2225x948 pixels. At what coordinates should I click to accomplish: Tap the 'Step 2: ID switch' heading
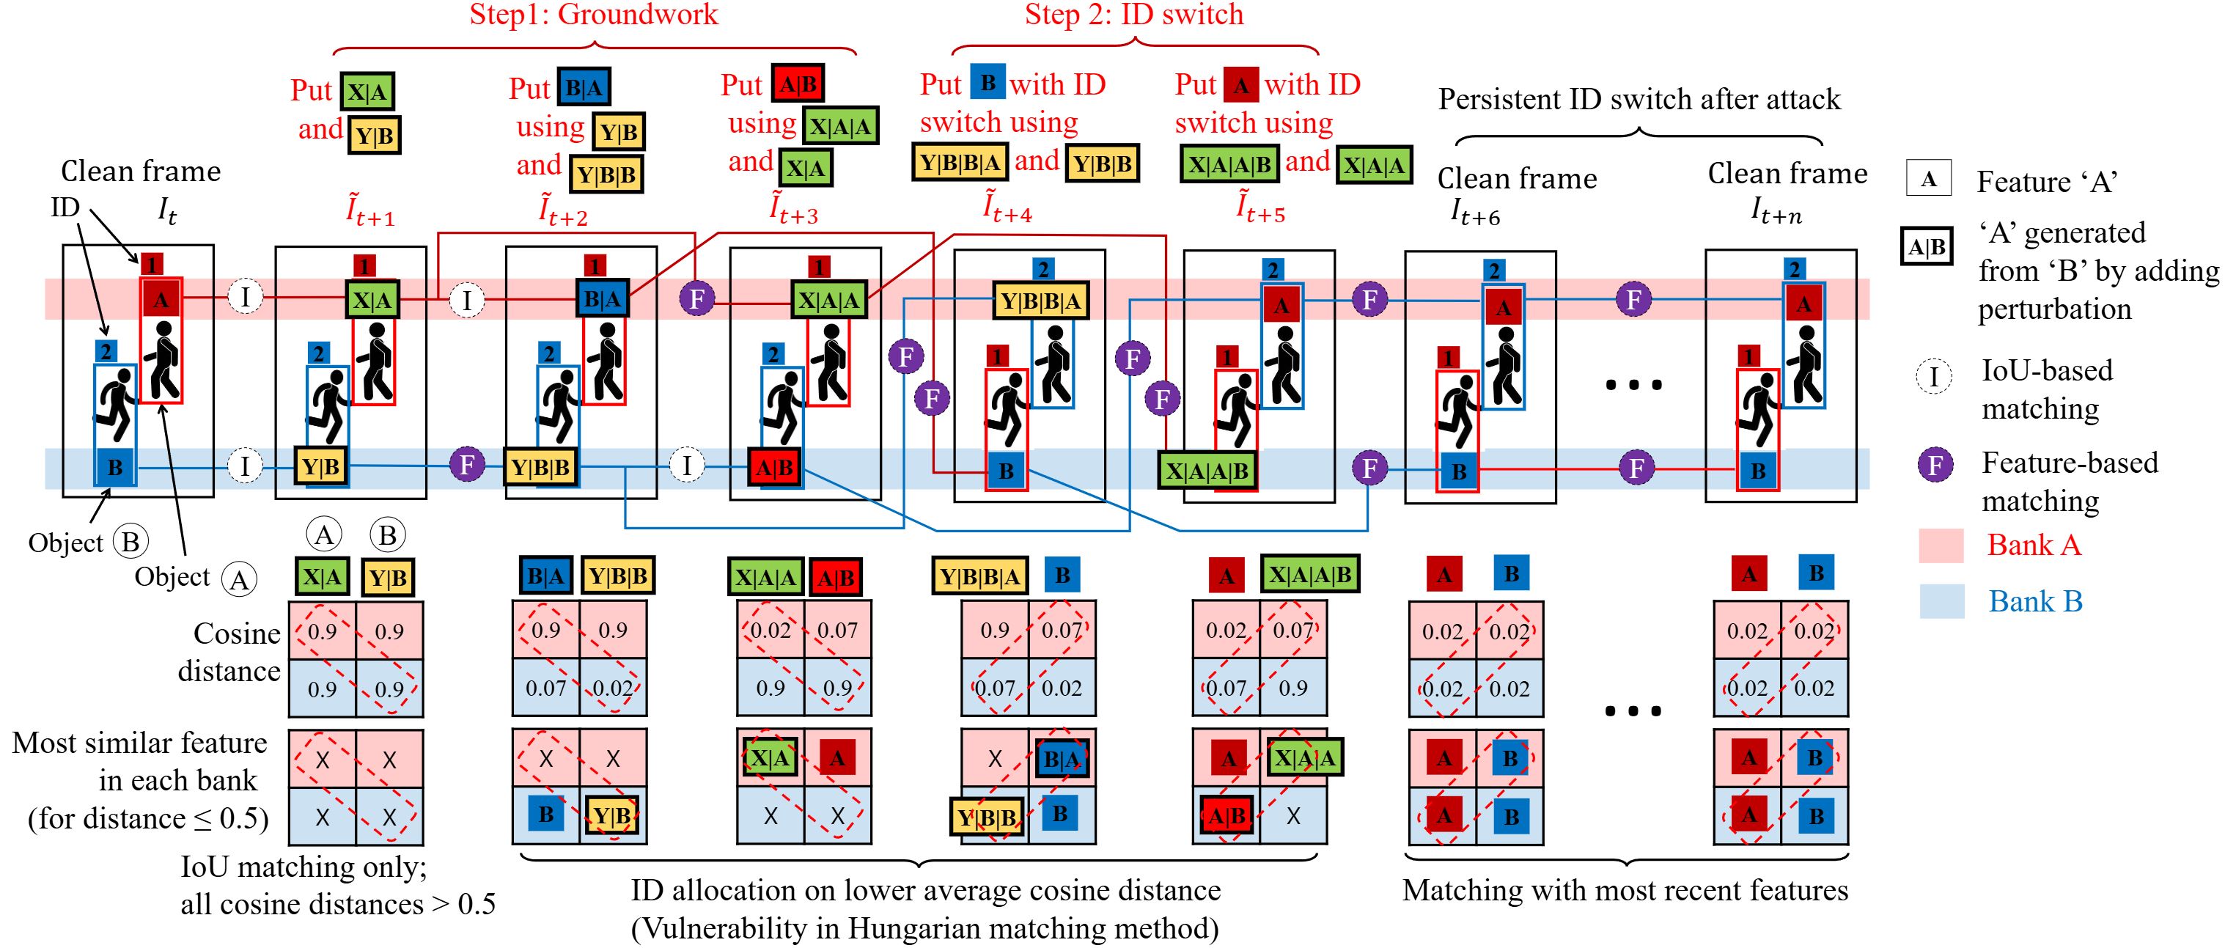pyautogui.click(x=1133, y=15)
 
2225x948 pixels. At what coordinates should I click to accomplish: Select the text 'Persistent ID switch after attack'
pyautogui.click(x=1639, y=100)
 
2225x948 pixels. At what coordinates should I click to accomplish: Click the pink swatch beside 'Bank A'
pyautogui.click(x=1941, y=545)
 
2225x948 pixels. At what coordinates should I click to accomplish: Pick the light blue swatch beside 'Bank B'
pyautogui.click(x=1941, y=601)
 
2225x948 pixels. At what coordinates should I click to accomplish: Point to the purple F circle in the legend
pyautogui.click(x=1935, y=465)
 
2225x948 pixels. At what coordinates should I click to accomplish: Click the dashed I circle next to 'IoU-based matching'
pyautogui.click(x=1934, y=377)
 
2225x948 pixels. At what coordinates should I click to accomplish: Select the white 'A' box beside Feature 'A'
pyautogui.click(x=1929, y=180)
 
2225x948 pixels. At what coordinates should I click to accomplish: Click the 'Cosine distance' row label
pyautogui.click(x=229, y=652)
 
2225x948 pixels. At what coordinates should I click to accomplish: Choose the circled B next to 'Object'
pyautogui.click(x=130, y=542)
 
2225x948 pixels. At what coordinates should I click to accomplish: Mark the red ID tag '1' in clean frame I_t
pyautogui.click(x=151, y=263)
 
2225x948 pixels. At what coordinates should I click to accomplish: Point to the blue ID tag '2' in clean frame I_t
pyautogui.click(x=106, y=351)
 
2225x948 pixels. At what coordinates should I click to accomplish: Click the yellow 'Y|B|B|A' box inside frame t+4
pyautogui.click(x=1041, y=301)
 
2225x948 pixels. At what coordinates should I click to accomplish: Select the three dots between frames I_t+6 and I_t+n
pyautogui.click(x=1633, y=385)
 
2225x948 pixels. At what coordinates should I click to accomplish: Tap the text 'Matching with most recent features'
pyautogui.click(x=1625, y=890)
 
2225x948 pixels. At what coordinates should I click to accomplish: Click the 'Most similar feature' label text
pyautogui.click(x=139, y=743)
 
